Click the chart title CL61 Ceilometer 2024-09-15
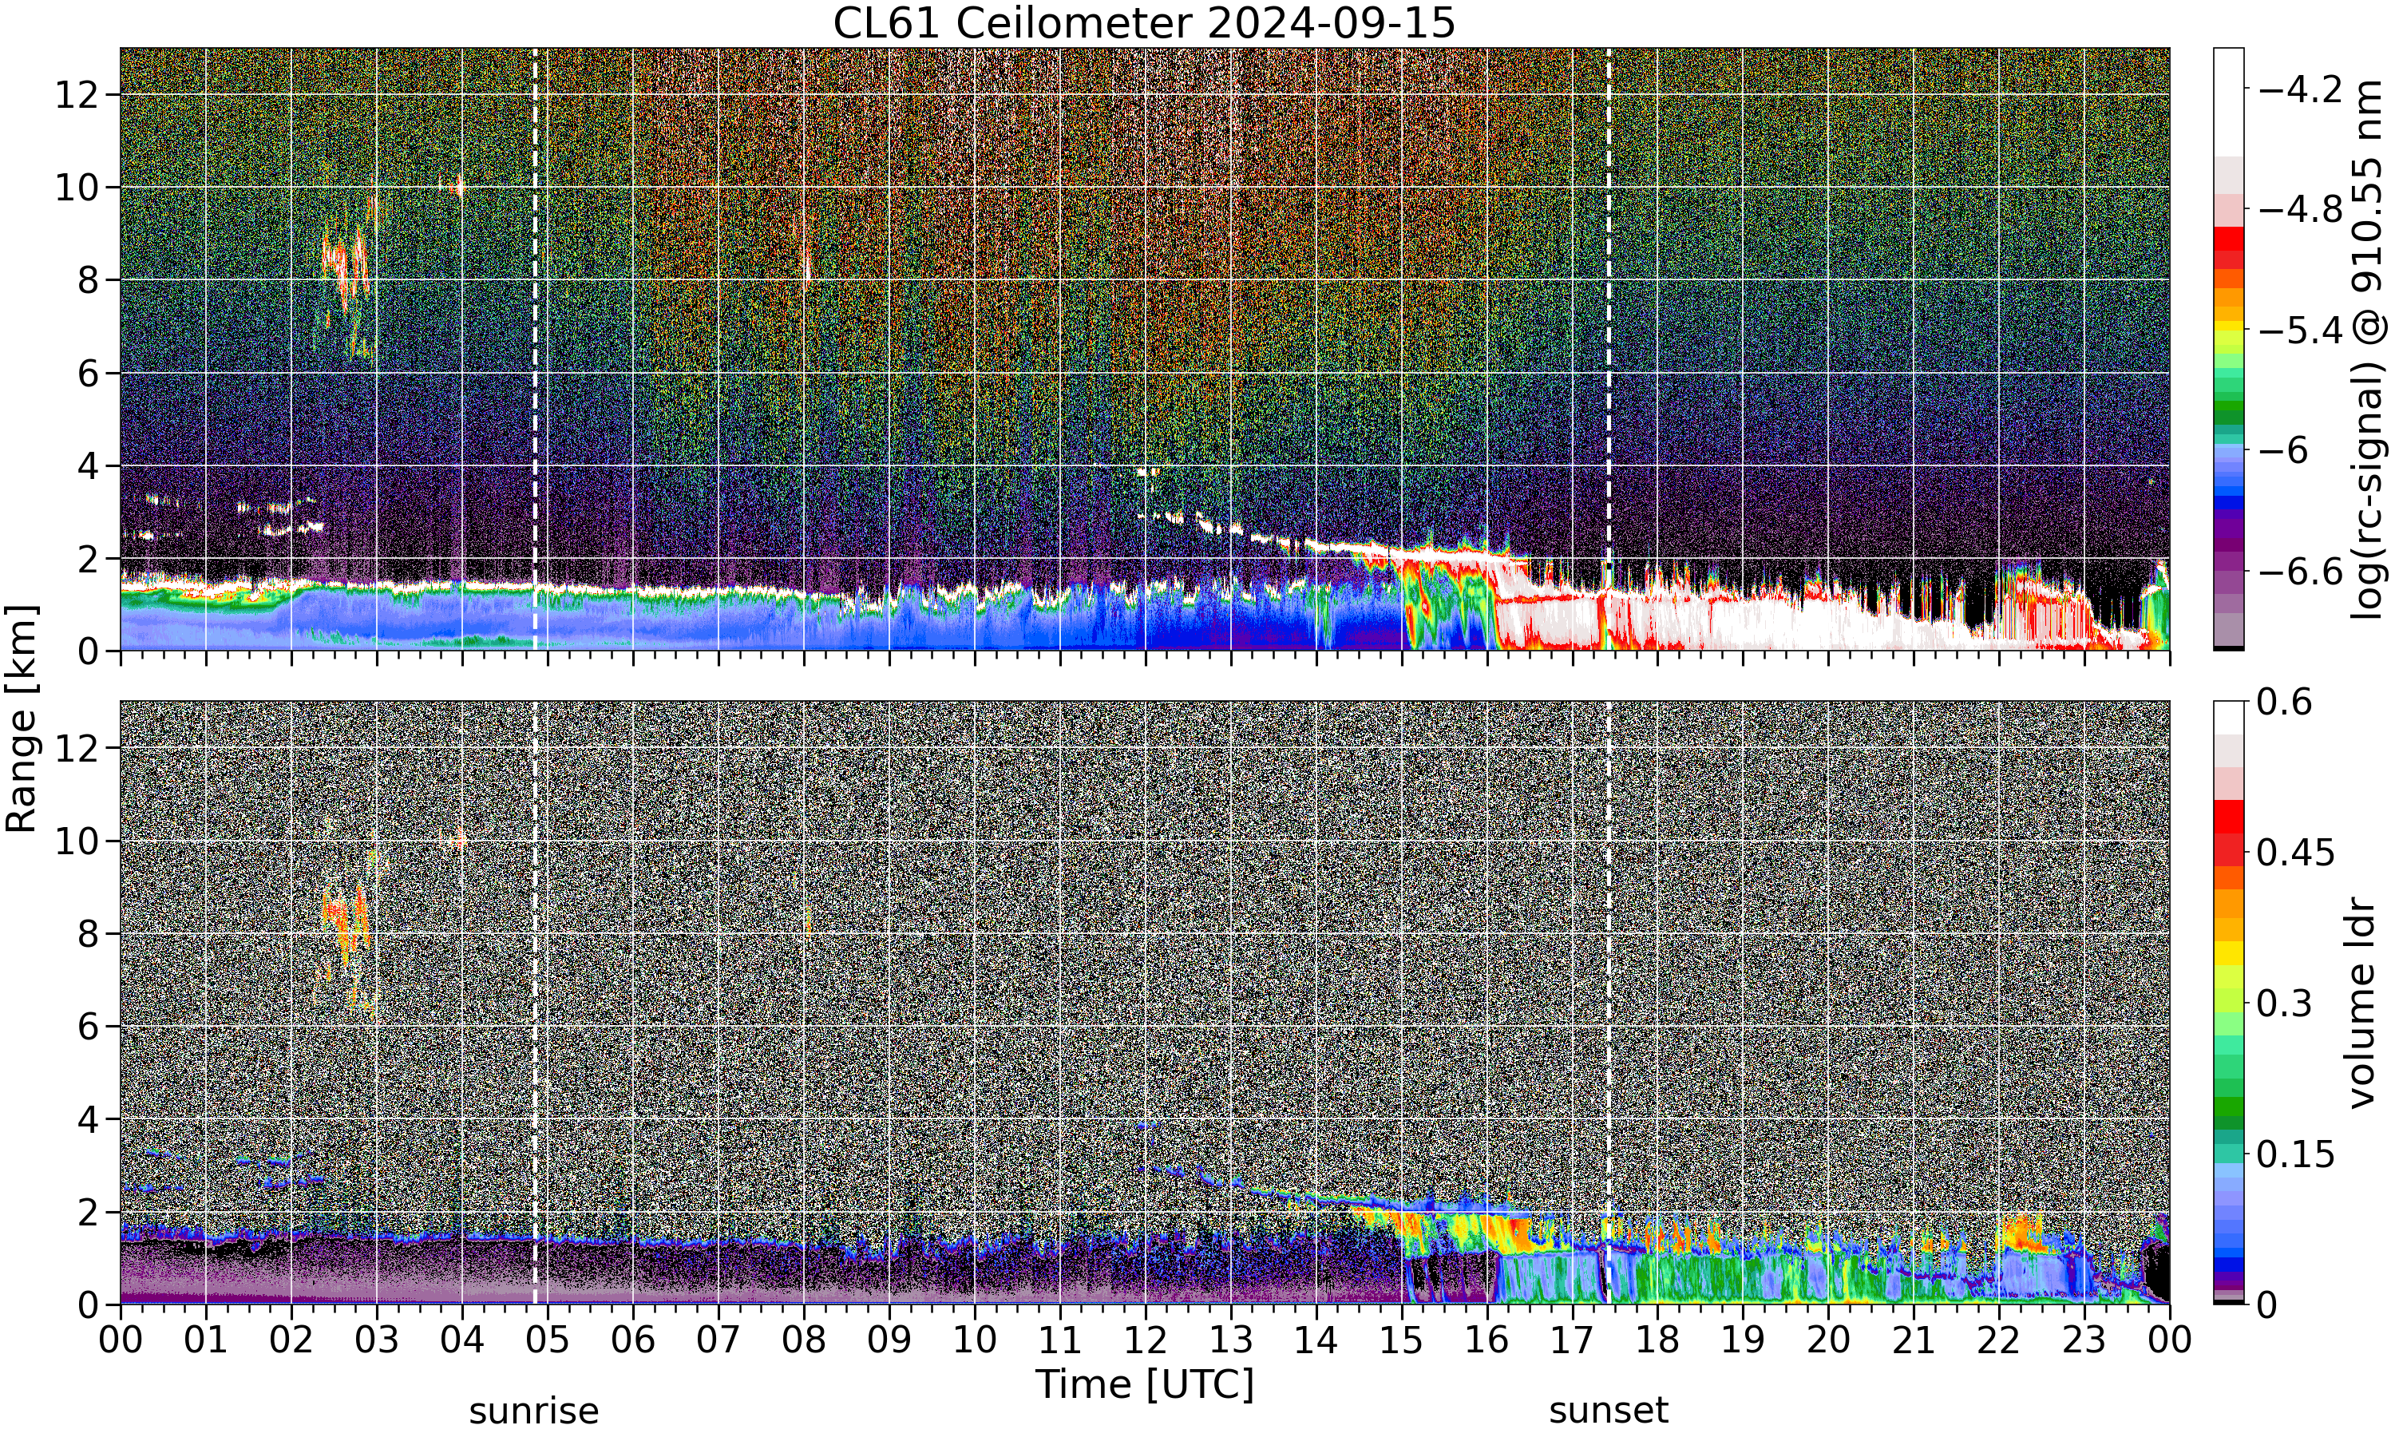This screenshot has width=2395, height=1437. point(1144,23)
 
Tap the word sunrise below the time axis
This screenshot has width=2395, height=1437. point(533,1411)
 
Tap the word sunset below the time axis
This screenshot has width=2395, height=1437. point(1609,1411)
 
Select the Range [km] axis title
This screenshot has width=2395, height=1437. point(22,718)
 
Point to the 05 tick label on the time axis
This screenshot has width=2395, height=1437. point(547,1340)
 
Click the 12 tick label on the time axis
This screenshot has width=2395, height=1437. point(1146,1340)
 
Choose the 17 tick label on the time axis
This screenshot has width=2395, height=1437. point(1572,1340)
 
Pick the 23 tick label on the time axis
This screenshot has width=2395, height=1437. point(2084,1340)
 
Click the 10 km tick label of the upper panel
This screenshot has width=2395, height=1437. point(77,188)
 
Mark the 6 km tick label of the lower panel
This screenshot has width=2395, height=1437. point(89,1027)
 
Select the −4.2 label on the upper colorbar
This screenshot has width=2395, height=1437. point(2301,89)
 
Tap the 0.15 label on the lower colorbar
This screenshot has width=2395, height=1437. point(2296,1154)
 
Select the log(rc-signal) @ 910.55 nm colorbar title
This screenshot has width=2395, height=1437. point(2367,350)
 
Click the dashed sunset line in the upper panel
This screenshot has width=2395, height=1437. point(1609,350)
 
